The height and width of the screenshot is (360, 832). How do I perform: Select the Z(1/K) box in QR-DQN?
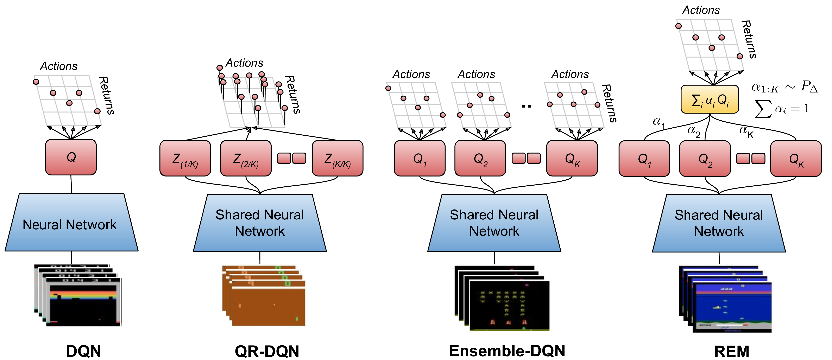click(x=185, y=158)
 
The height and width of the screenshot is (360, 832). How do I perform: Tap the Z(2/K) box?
click(x=246, y=158)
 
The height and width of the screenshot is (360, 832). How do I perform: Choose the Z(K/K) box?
click(x=338, y=158)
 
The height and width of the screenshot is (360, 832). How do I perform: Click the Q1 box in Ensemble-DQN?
click(x=420, y=158)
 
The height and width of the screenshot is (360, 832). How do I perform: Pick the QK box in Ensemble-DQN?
click(x=572, y=158)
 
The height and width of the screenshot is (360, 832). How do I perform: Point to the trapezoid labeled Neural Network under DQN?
click(x=71, y=223)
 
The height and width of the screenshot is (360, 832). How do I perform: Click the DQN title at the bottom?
click(x=84, y=351)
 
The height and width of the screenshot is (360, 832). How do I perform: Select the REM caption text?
click(x=732, y=351)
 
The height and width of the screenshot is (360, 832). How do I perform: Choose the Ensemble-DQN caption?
click(x=507, y=351)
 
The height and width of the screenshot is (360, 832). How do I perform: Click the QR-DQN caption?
click(x=267, y=351)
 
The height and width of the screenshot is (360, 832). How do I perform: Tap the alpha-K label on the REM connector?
click(x=746, y=131)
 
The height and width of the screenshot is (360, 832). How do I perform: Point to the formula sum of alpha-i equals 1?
click(x=782, y=109)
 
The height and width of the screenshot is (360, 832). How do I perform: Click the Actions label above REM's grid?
click(x=701, y=10)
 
